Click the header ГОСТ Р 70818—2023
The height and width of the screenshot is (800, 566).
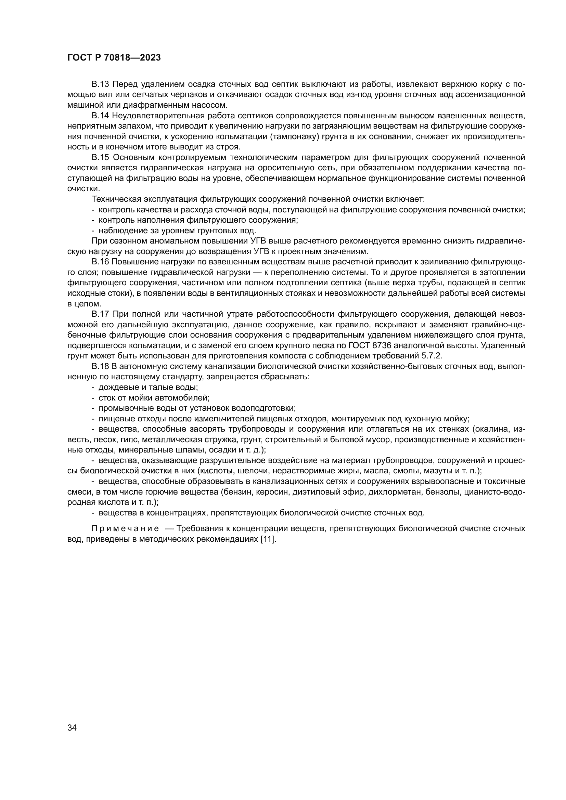click(x=114, y=58)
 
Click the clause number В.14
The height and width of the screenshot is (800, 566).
click(x=100, y=116)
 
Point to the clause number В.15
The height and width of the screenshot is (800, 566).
click(x=100, y=157)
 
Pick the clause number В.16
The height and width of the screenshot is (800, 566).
click(x=100, y=262)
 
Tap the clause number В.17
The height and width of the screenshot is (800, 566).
click(x=100, y=314)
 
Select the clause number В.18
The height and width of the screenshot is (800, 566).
click(x=100, y=366)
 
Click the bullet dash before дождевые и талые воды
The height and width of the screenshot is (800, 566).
click(x=93, y=387)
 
